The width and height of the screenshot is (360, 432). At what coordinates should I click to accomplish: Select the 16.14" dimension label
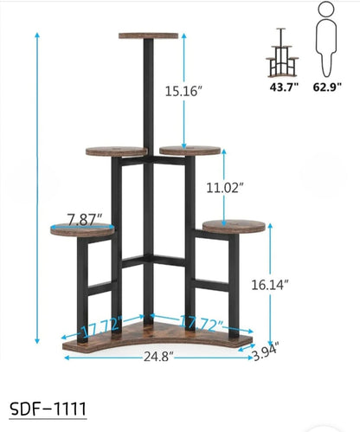click(x=292, y=283)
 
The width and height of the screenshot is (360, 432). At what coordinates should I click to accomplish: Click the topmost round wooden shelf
click(x=151, y=35)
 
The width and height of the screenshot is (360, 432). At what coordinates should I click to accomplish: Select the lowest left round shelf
click(x=82, y=229)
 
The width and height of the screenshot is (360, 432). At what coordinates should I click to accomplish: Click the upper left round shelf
click(x=116, y=152)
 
